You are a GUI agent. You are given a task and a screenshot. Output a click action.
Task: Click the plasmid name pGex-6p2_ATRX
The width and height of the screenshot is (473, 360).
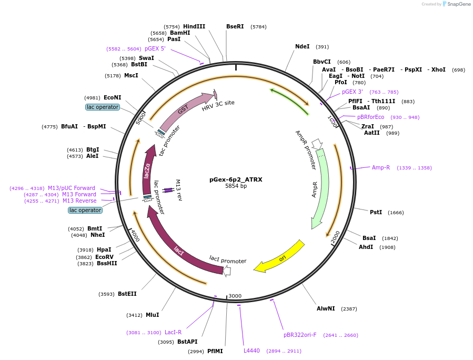click(x=236, y=179)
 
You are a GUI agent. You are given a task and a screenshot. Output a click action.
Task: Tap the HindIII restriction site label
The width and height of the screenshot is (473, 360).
click(x=194, y=26)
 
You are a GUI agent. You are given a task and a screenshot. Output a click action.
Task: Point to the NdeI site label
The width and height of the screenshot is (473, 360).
click(x=303, y=46)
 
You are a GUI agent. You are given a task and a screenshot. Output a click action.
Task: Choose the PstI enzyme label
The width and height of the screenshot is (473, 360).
click(x=376, y=212)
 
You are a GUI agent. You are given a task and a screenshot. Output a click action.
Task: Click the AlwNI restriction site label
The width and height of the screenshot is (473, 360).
click(x=326, y=308)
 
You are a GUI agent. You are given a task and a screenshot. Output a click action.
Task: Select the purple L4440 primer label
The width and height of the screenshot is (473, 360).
click(x=251, y=351)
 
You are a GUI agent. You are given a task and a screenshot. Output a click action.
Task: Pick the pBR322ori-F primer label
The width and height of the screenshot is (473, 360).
click(x=300, y=335)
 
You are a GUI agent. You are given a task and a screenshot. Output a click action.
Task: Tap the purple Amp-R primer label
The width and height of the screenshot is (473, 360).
click(x=381, y=167)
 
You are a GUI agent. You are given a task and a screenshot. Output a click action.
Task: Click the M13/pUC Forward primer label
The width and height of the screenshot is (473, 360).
click(x=72, y=188)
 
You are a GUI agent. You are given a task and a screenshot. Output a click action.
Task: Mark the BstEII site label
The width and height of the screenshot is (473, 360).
click(x=127, y=294)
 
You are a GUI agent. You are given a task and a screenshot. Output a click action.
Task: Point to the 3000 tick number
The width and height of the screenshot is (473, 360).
click(x=235, y=296)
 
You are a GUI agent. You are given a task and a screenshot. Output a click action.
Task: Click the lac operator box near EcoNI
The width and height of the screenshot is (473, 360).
click(x=103, y=107)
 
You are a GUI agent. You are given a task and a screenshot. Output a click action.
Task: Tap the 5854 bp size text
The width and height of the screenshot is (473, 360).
click(x=236, y=186)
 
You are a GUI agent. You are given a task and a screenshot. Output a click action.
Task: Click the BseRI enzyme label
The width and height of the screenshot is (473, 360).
click(x=235, y=26)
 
